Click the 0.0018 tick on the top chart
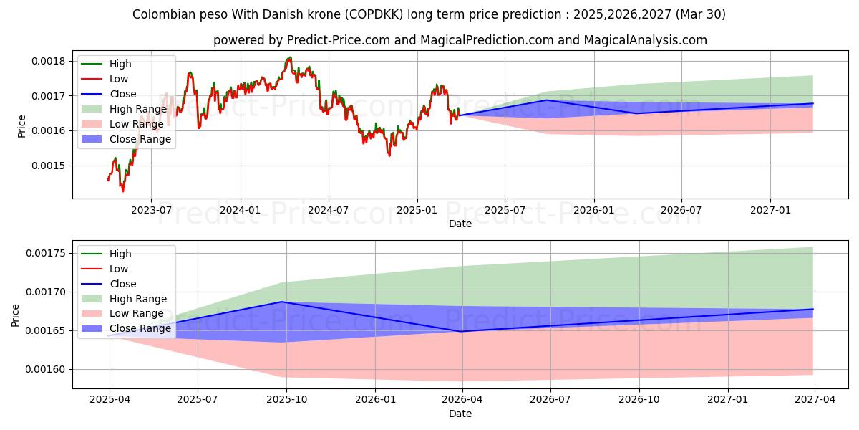click(49, 61)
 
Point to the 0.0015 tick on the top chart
click(49, 166)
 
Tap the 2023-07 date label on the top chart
click(151, 210)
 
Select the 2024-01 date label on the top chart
click(240, 210)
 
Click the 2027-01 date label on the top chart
click(770, 210)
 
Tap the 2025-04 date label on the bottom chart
click(109, 400)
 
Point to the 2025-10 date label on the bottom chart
click(286, 400)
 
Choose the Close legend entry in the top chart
click(123, 94)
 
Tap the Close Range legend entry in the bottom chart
click(140, 328)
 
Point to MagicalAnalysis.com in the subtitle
click(645, 40)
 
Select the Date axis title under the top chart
click(460, 224)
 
